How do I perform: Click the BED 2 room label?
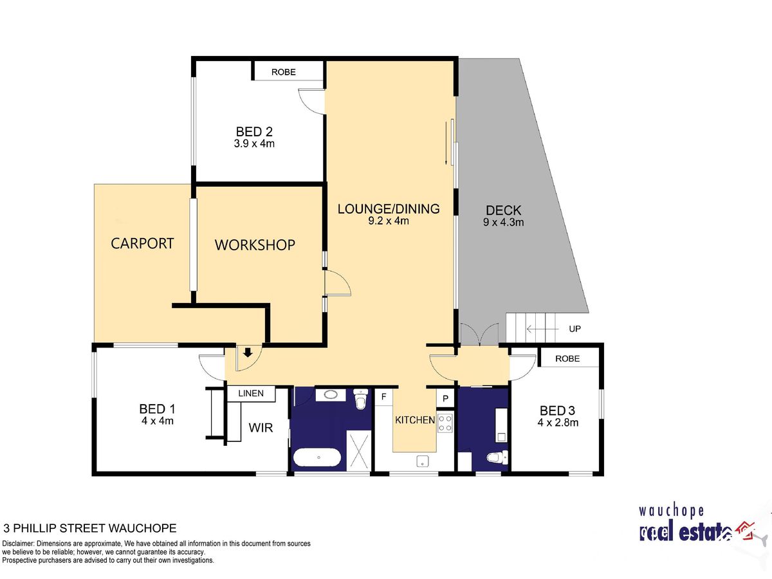click(x=254, y=132)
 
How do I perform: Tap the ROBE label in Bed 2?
click(x=284, y=72)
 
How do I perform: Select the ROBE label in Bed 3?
click(x=567, y=358)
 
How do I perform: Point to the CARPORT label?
click(x=142, y=243)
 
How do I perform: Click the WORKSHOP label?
click(x=255, y=245)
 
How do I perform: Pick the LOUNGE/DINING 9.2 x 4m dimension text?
click(x=389, y=221)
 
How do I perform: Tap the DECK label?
click(x=503, y=210)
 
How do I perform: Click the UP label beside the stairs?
click(x=574, y=329)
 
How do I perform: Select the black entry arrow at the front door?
click(x=248, y=353)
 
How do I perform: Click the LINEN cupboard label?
click(x=251, y=393)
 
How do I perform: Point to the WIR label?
click(x=261, y=428)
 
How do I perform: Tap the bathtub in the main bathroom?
click(x=317, y=457)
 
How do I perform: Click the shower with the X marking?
click(x=359, y=450)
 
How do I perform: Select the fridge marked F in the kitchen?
click(x=383, y=397)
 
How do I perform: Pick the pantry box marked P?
click(x=445, y=398)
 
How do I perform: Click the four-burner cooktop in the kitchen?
click(x=445, y=423)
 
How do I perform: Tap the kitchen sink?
click(x=423, y=461)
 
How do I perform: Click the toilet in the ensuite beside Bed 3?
click(x=497, y=457)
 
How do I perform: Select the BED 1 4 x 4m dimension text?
click(x=157, y=421)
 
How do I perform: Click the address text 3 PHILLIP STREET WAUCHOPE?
click(x=90, y=528)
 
